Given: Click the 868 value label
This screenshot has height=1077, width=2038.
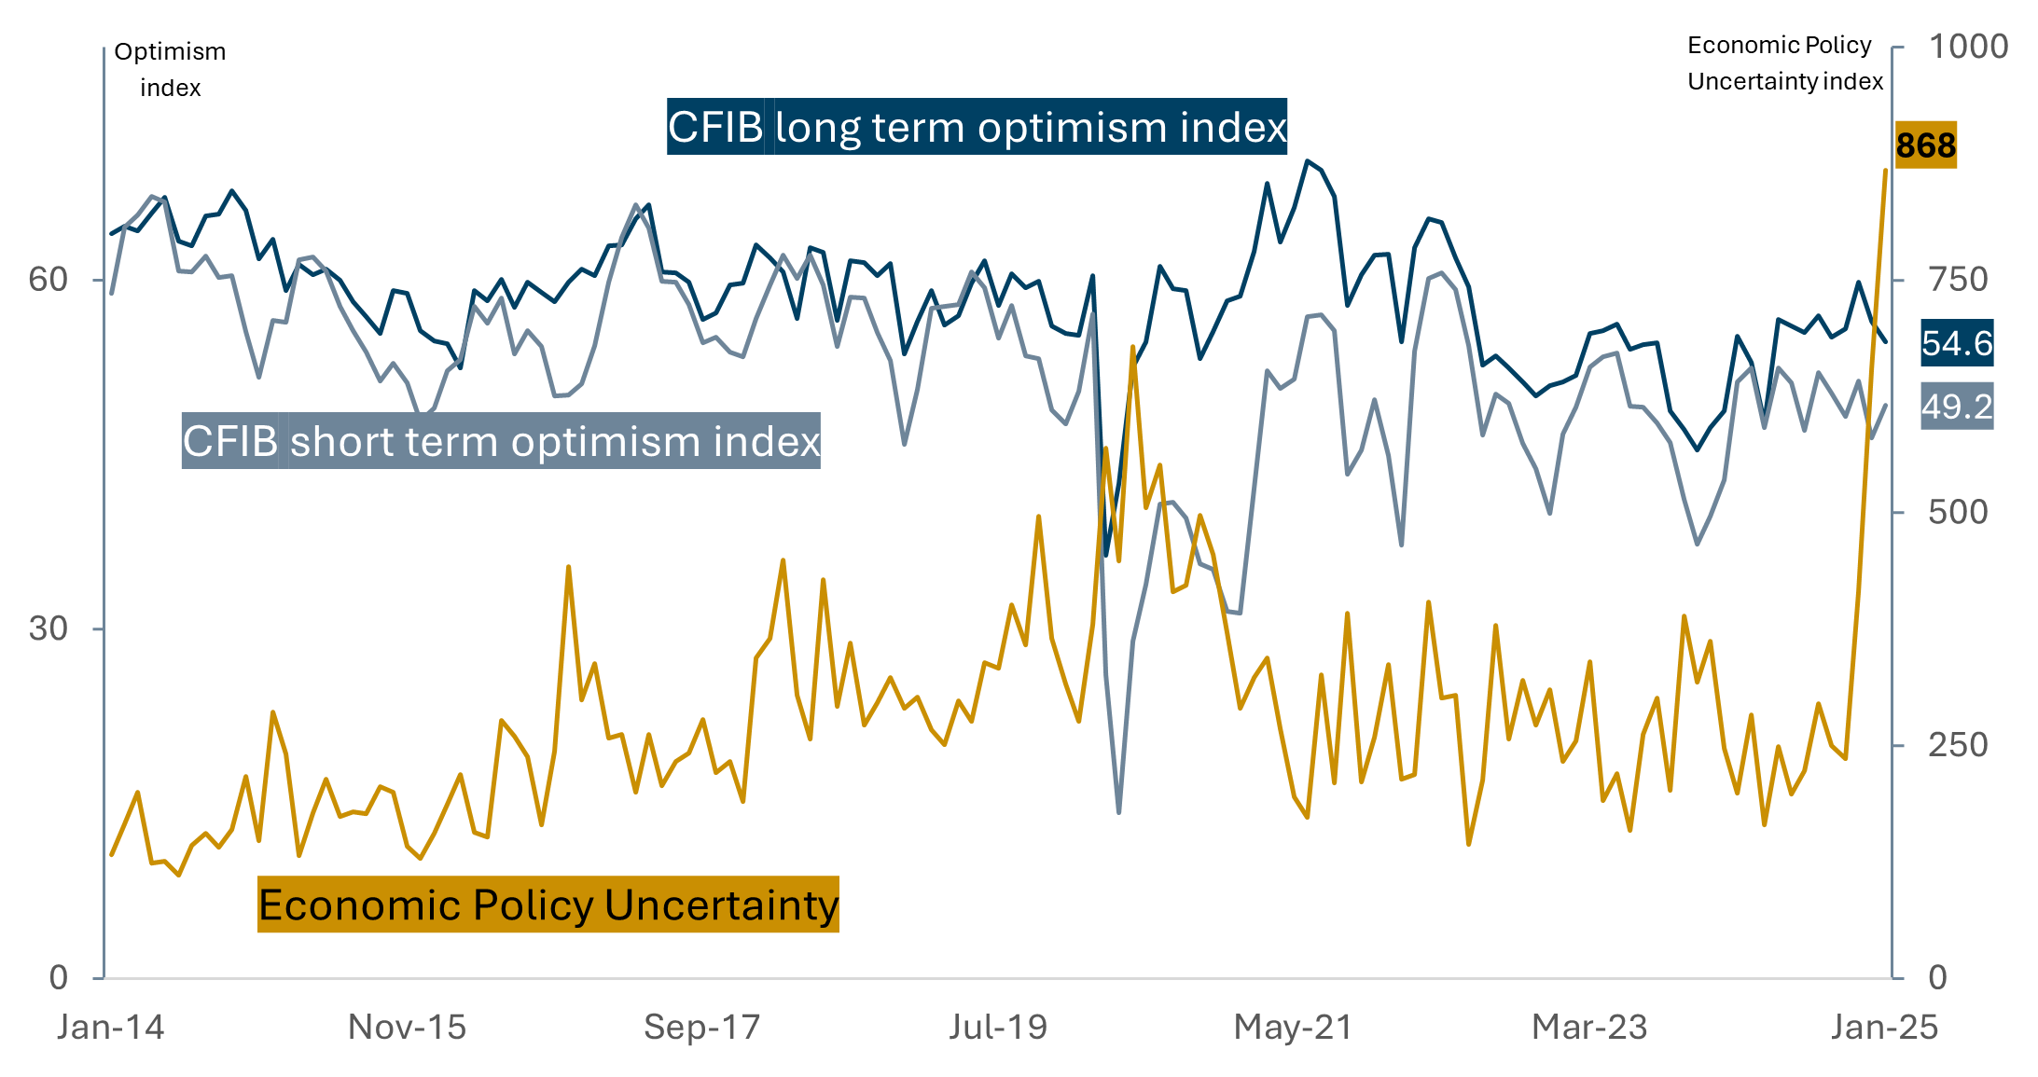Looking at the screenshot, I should click(1925, 145).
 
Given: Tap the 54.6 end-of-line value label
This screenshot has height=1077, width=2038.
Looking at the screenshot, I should click(1956, 343).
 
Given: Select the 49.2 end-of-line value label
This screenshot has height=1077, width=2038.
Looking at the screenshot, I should click(1956, 407).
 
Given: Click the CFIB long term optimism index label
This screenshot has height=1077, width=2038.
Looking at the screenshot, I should click(977, 127).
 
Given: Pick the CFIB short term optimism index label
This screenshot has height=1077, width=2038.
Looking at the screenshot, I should click(501, 441).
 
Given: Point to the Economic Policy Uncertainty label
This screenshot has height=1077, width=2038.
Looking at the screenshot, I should click(548, 904).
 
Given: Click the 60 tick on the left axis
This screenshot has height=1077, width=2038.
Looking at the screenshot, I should click(48, 279).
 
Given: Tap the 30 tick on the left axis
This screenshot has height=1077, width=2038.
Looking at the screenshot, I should click(48, 628).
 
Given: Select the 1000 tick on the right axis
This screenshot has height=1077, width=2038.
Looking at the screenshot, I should click(1967, 47).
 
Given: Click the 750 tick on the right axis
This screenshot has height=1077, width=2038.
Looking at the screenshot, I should click(1958, 279).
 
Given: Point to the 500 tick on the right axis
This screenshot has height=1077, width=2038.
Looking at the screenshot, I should click(1958, 512).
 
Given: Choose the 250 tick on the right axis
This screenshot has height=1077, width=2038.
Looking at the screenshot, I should click(1958, 745).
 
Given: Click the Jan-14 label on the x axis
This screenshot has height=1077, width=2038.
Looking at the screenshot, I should click(110, 1027).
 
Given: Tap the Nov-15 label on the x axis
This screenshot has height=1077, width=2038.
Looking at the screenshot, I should click(407, 1027).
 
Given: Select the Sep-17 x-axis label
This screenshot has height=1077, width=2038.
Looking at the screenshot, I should click(702, 1027).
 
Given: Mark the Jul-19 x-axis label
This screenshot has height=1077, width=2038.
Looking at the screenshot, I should click(998, 1027).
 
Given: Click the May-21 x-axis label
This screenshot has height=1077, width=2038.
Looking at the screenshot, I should click(1293, 1027).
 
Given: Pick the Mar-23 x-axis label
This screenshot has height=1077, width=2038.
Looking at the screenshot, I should click(1589, 1027).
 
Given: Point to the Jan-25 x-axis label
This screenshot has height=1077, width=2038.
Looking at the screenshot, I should click(1884, 1027).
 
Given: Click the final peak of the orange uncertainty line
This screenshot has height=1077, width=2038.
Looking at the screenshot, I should click(1885, 171).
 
